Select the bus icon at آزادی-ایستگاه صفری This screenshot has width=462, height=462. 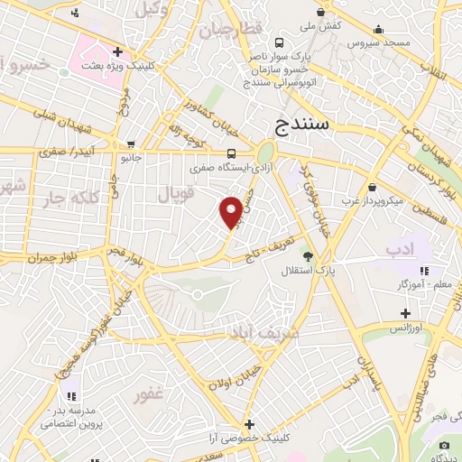(x=232, y=152)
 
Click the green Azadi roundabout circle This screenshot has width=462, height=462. (x=265, y=153)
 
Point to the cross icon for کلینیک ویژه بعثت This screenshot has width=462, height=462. (x=118, y=51)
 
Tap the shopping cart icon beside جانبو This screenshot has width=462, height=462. (x=132, y=144)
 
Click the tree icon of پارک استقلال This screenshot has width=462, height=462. (x=307, y=255)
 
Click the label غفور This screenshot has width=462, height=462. (x=148, y=394)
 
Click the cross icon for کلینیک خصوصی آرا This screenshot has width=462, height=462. (x=249, y=424)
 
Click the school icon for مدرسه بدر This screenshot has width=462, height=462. (x=70, y=394)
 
